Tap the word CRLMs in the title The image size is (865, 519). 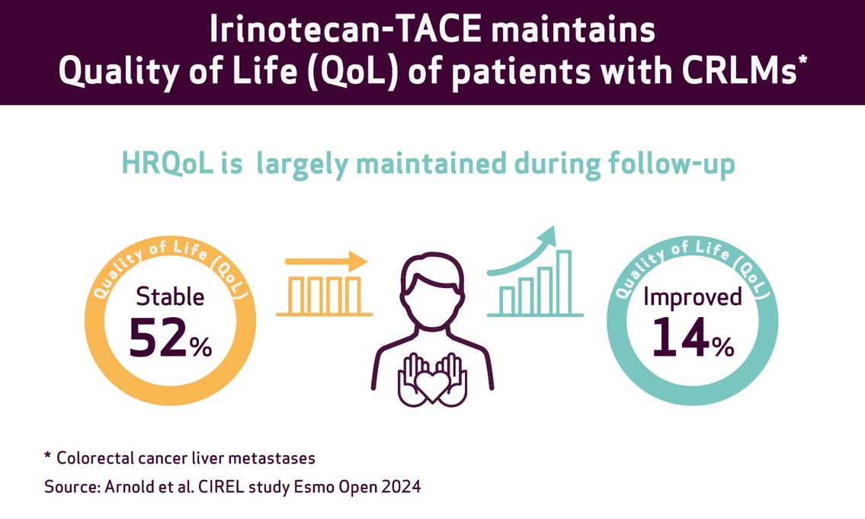pyautogui.click(x=739, y=71)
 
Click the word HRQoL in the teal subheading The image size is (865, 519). pyautogui.click(x=168, y=164)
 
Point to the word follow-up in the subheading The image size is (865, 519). pyautogui.click(x=672, y=165)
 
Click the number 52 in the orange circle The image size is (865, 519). pyautogui.click(x=157, y=337)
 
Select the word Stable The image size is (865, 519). pyautogui.click(x=170, y=296)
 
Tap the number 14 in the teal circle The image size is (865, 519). pyautogui.click(x=681, y=337)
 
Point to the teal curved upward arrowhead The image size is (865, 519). pyautogui.click(x=546, y=237)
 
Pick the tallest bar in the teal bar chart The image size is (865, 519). pyautogui.click(x=564, y=283)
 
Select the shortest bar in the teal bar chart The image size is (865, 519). pyautogui.click(x=507, y=301)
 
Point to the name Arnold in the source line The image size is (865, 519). pyautogui.click(x=128, y=487)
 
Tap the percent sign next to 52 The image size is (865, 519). pyautogui.click(x=200, y=347)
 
